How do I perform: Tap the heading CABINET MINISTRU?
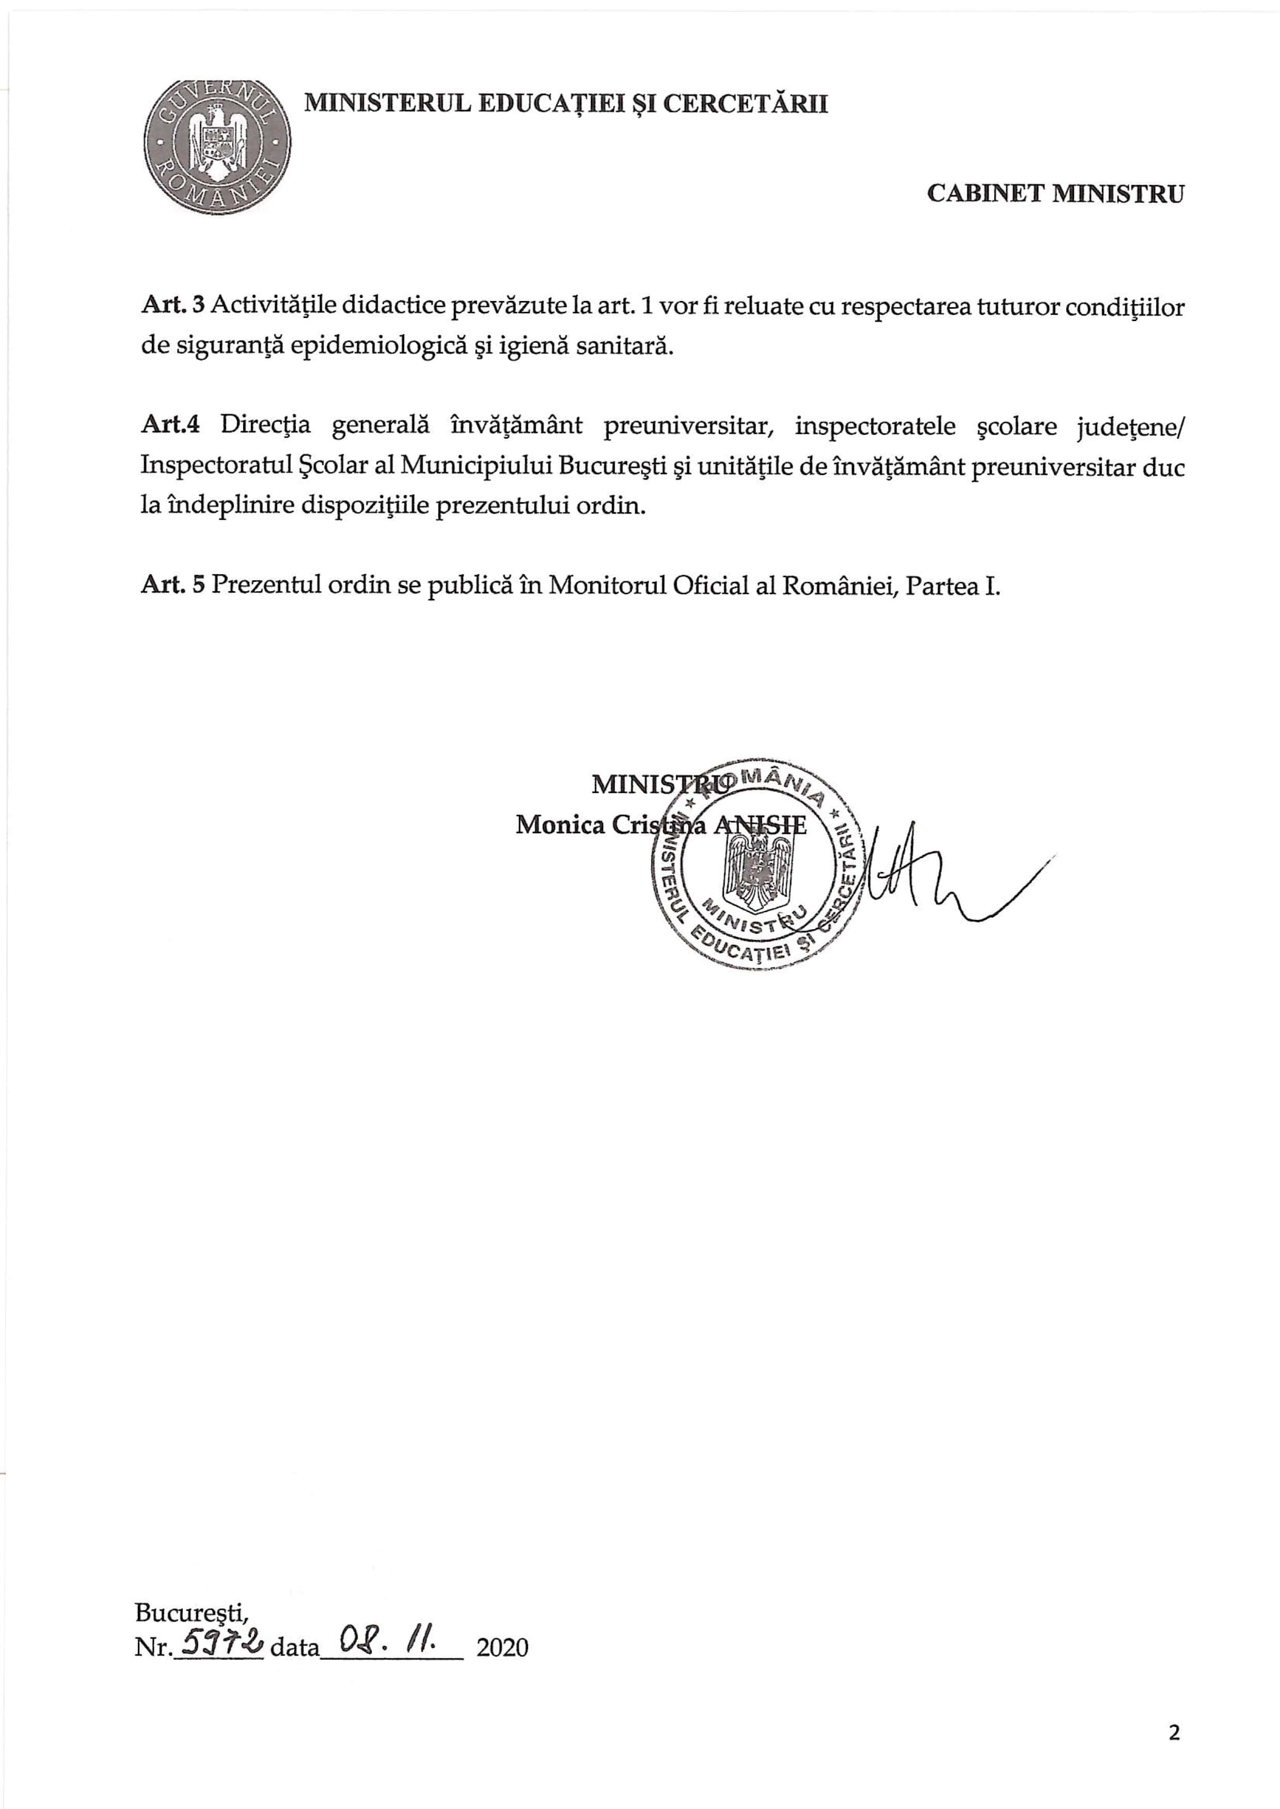pos(1054,194)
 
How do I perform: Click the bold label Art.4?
pos(170,425)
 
